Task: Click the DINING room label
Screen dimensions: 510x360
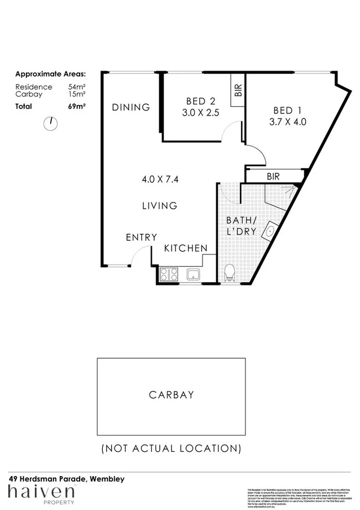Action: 130,107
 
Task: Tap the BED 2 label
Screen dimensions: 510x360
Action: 200,102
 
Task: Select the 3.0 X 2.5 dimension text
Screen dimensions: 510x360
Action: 200,113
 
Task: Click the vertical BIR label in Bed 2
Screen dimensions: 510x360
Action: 238,91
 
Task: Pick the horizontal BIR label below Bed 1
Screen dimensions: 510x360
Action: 274,177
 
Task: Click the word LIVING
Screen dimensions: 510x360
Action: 160,206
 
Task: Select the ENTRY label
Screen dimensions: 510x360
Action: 141,238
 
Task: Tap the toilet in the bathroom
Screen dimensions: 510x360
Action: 230,274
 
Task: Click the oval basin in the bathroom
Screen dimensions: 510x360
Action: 270,231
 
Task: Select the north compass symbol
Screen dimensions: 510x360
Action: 50,124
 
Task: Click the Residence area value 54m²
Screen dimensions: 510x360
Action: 77,87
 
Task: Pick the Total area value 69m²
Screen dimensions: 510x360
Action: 77,106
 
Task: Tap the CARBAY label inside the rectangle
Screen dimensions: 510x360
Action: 172,395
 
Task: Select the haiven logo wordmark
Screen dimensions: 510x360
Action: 42,492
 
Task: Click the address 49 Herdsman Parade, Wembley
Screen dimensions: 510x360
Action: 67,478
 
